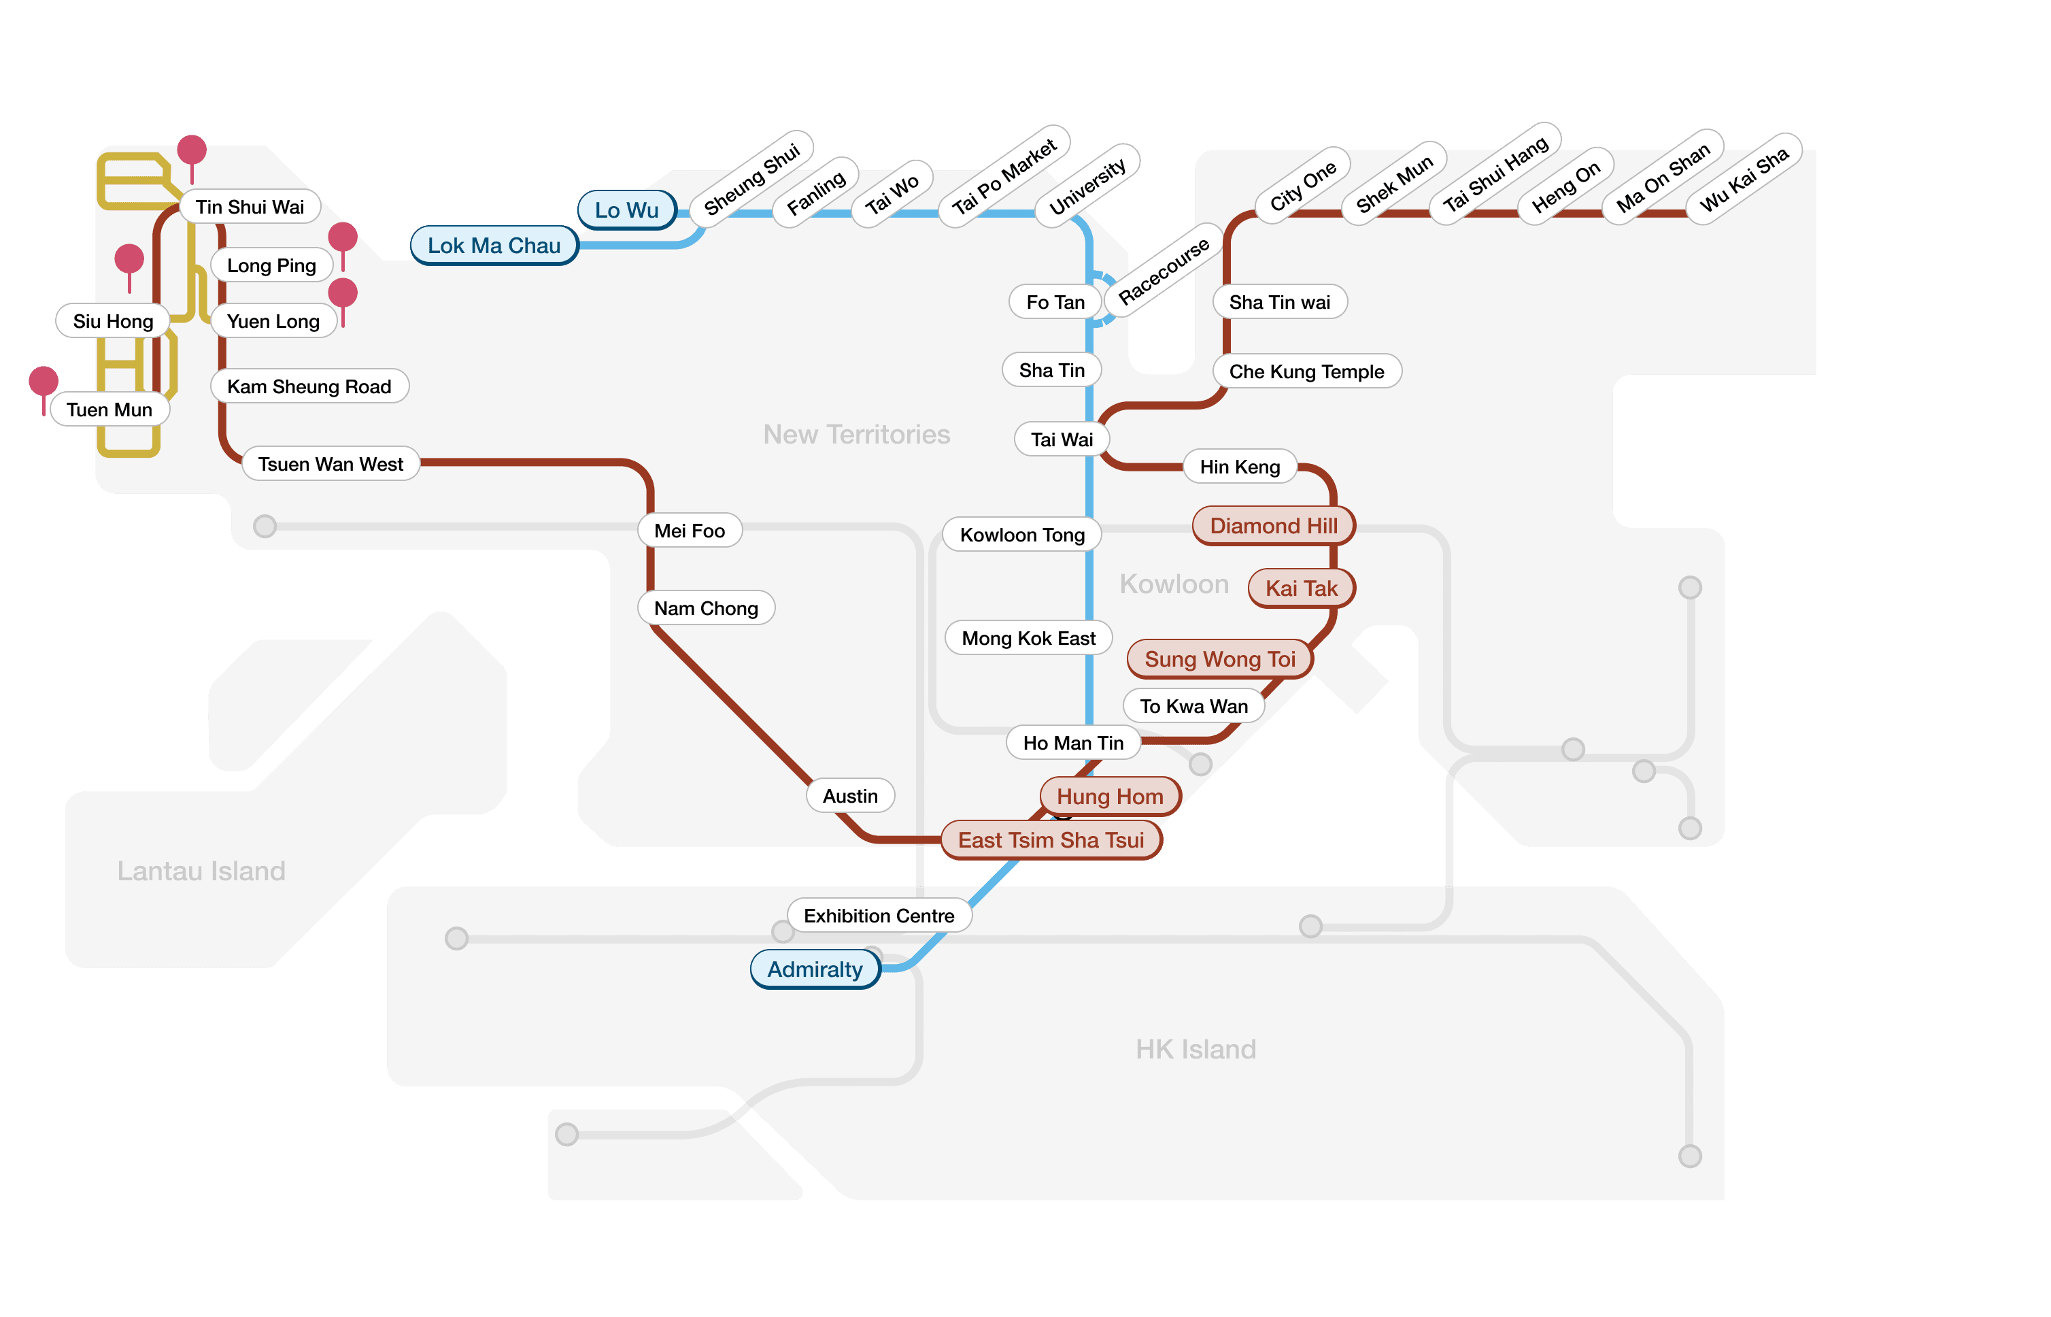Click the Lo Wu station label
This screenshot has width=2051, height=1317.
pos(627,210)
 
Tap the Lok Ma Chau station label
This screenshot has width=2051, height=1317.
pos(494,246)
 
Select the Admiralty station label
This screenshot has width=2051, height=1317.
pos(815,969)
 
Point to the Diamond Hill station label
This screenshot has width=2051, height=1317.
pos(1273,525)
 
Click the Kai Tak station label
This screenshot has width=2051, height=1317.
pos(1301,588)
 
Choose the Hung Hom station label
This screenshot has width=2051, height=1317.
pos(1110,796)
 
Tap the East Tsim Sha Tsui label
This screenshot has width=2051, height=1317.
pos(1051,840)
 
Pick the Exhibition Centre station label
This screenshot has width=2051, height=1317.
pos(879,916)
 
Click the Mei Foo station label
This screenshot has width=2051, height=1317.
pos(689,530)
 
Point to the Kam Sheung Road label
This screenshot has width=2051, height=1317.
pos(309,386)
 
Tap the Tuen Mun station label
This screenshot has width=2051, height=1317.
pos(109,410)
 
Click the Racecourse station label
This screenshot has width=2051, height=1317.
pos(1164,270)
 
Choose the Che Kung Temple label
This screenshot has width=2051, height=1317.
pos(1306,371)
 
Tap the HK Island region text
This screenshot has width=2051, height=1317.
pos(1196,1050)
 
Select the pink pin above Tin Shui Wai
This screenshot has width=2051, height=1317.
pos(192,150)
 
